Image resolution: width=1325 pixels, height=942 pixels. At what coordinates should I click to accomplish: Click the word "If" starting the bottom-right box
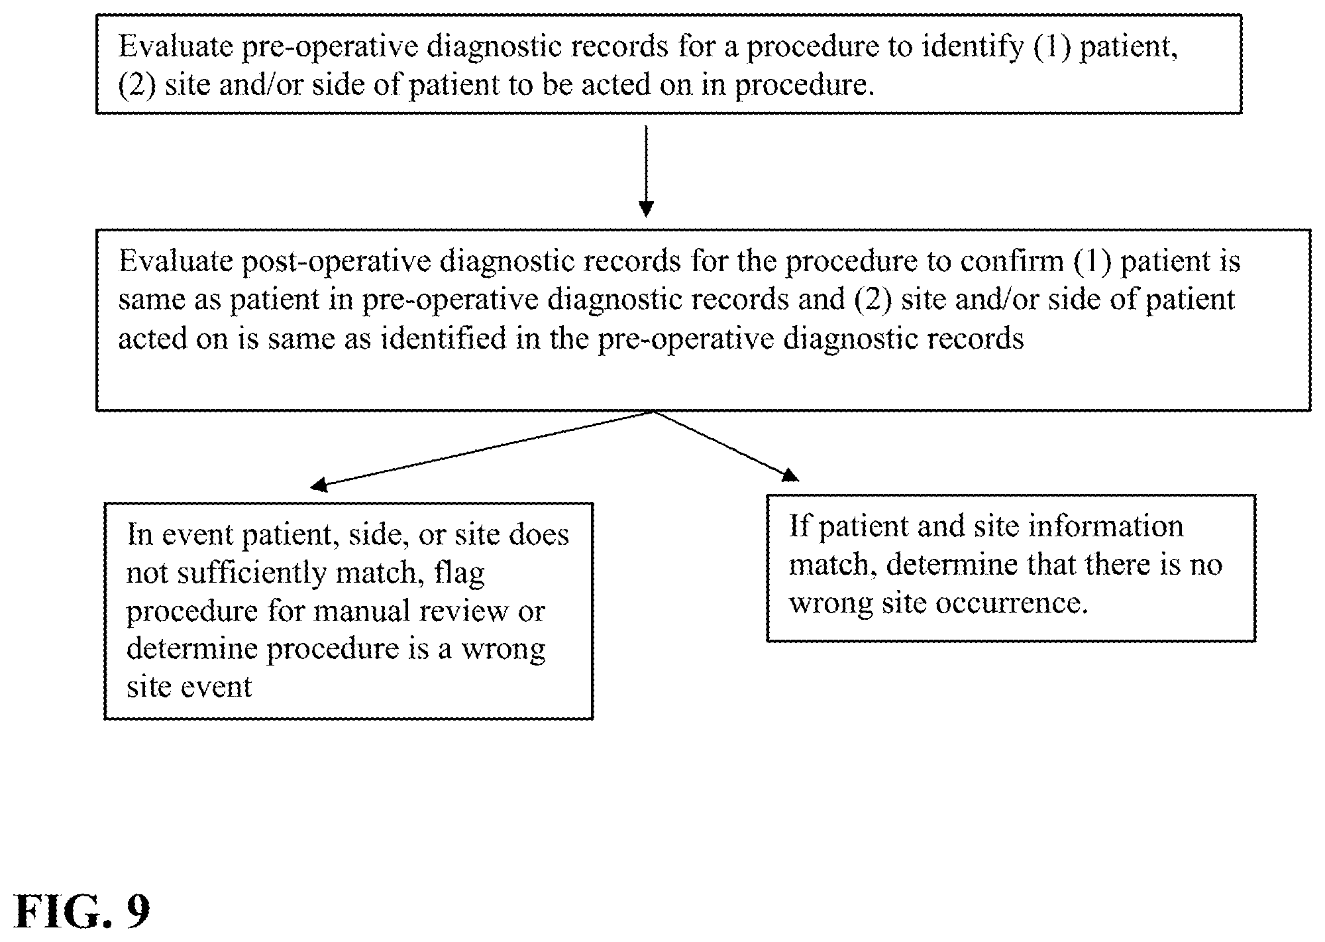point(800,526)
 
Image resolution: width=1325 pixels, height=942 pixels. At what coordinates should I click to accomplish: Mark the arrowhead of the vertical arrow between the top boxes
point(646,209)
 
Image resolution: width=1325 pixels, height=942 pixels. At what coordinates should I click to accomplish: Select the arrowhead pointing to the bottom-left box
point(319,485)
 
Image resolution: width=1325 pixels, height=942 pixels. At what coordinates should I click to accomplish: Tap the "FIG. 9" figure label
point(82,912)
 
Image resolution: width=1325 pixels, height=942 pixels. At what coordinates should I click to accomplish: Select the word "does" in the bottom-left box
point(539,535)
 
